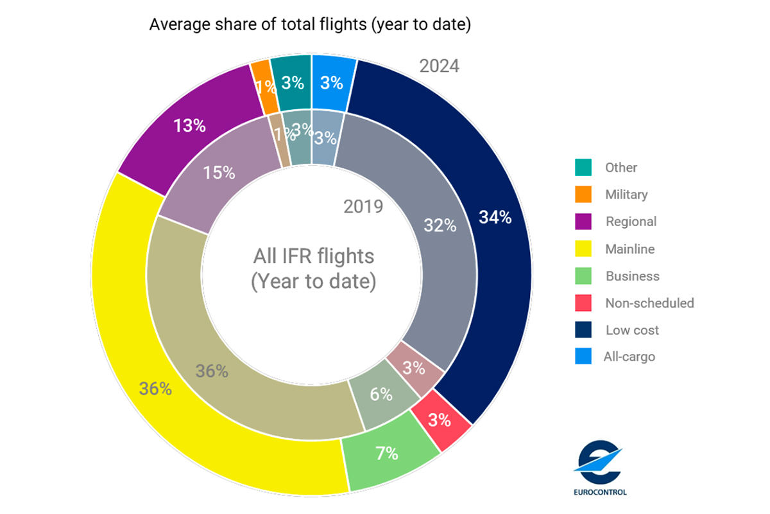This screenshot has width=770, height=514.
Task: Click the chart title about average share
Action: pyautogui.click(x=310, y=25)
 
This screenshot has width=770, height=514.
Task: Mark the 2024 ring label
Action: pyautogui.click(x=439, y=66)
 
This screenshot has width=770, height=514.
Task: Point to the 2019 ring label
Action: pyautogui.click(x=363, y=207)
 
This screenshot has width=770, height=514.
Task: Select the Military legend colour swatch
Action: pyautogui.click(x=583, y=195)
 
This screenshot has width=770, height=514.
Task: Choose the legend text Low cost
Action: pyautogui.click(x=632, y=330)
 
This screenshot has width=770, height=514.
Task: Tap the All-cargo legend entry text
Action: pyautogui.click(x=629, y=357)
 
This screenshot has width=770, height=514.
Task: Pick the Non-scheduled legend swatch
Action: pyautogui.click(x=583, y=303)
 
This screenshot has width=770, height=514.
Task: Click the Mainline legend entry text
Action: pyautogui.click(x=630, y=249)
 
